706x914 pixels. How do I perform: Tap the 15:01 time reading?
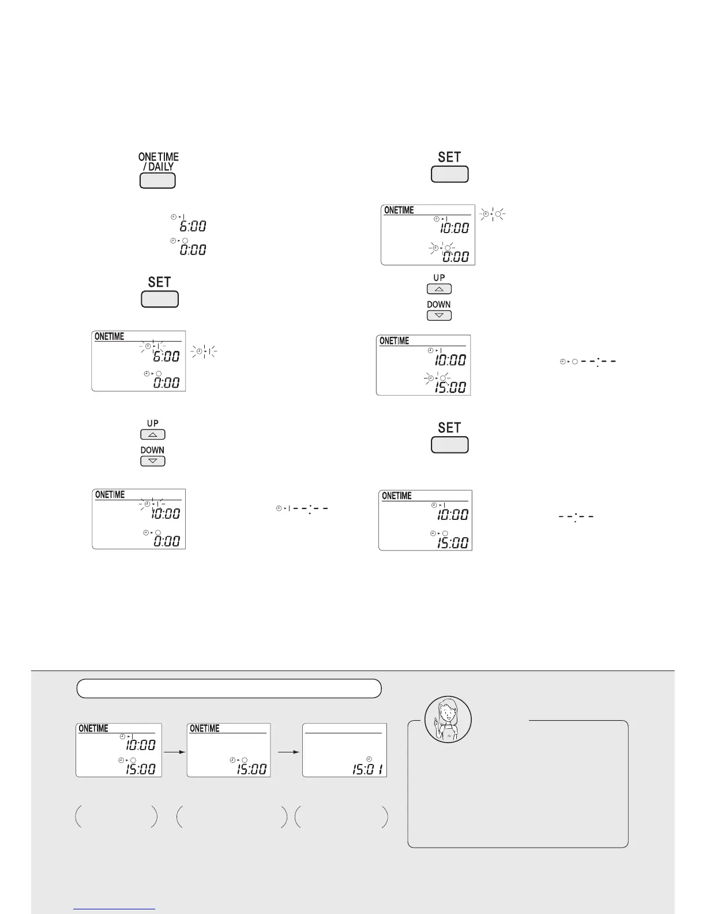coord(370,769)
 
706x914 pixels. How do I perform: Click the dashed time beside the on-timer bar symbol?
coord(310,509)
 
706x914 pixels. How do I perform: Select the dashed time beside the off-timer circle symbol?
coord(598,362)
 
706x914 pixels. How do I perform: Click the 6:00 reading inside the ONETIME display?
coord(166,357)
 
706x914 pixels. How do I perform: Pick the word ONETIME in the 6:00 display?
coord(109,336)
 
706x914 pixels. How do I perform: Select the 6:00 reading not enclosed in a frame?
coord(193,227)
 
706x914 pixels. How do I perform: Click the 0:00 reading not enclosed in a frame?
coord(193,250)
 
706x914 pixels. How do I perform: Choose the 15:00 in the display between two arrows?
coord(252,769)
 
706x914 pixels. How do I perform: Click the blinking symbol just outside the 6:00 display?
coord(204,351)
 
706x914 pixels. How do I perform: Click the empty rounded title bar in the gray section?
coord(229,688)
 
